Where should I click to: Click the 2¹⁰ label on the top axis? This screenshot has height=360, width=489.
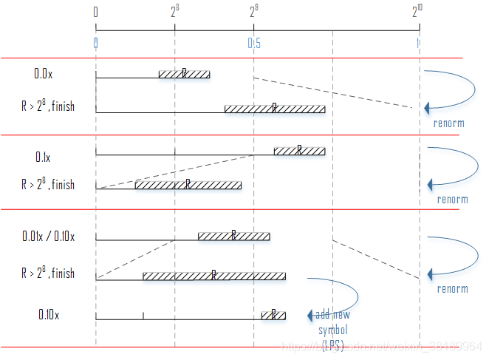pyautogui.click(x=418, y=11)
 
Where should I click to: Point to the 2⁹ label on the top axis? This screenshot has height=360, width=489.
pyautogui.click(x=254, y=12)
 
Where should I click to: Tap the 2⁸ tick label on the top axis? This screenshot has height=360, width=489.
pyautogui.click(x=175, y=12)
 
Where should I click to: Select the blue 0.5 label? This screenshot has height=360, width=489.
pyautogui.click(x=254, y=44)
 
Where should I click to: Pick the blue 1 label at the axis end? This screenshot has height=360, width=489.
pyautogui.click(x=418, y=44)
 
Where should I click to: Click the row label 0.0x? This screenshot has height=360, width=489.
pyautogui.click(x=43, y=74)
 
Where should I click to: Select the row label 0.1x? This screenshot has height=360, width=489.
pyautogui.click(x=43, y=157)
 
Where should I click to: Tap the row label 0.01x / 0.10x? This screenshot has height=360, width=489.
pyautogui.click(x=48, y=237)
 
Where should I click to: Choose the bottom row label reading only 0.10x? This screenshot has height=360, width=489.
pyautogui.click(x=49, y=315)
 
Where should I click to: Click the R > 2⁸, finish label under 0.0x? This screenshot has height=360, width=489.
pyautogui.click(x=48, y=106)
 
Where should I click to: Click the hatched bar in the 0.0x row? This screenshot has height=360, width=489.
pyautogui.click(x=184, y=74)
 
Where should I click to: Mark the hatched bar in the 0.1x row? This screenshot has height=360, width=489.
pyautogui.click(x=299, y=151)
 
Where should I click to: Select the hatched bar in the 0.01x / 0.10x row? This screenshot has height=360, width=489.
pyautogui.click(x=233, y=236)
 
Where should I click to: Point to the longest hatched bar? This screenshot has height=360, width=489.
pyautogui.click(x=214, y=276)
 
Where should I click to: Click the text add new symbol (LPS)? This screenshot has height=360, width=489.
pyautogui.click(x=332, y=330)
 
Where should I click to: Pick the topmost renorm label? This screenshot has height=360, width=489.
pyautogui.click(x=448, y=123)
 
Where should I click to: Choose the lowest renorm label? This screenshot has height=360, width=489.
pyautogui.click(x=452, y=289)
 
